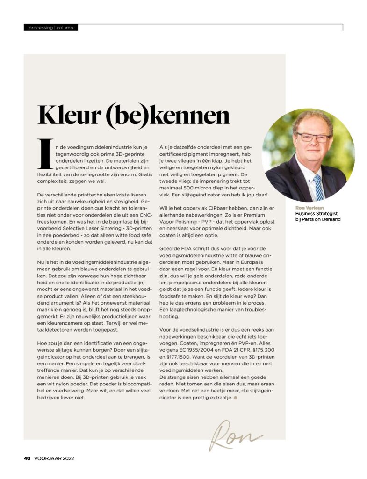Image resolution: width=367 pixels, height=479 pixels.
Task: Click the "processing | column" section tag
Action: [51, 28]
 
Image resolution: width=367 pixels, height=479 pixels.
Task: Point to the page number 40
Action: [27, 458]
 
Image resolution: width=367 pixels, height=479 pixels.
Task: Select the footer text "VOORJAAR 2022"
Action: [54, 458]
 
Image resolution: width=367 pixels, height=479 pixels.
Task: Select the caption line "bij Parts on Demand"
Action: [317, 219]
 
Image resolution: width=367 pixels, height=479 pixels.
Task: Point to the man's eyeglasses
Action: [313, 138]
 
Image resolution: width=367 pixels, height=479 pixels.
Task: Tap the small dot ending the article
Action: [236, 398]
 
